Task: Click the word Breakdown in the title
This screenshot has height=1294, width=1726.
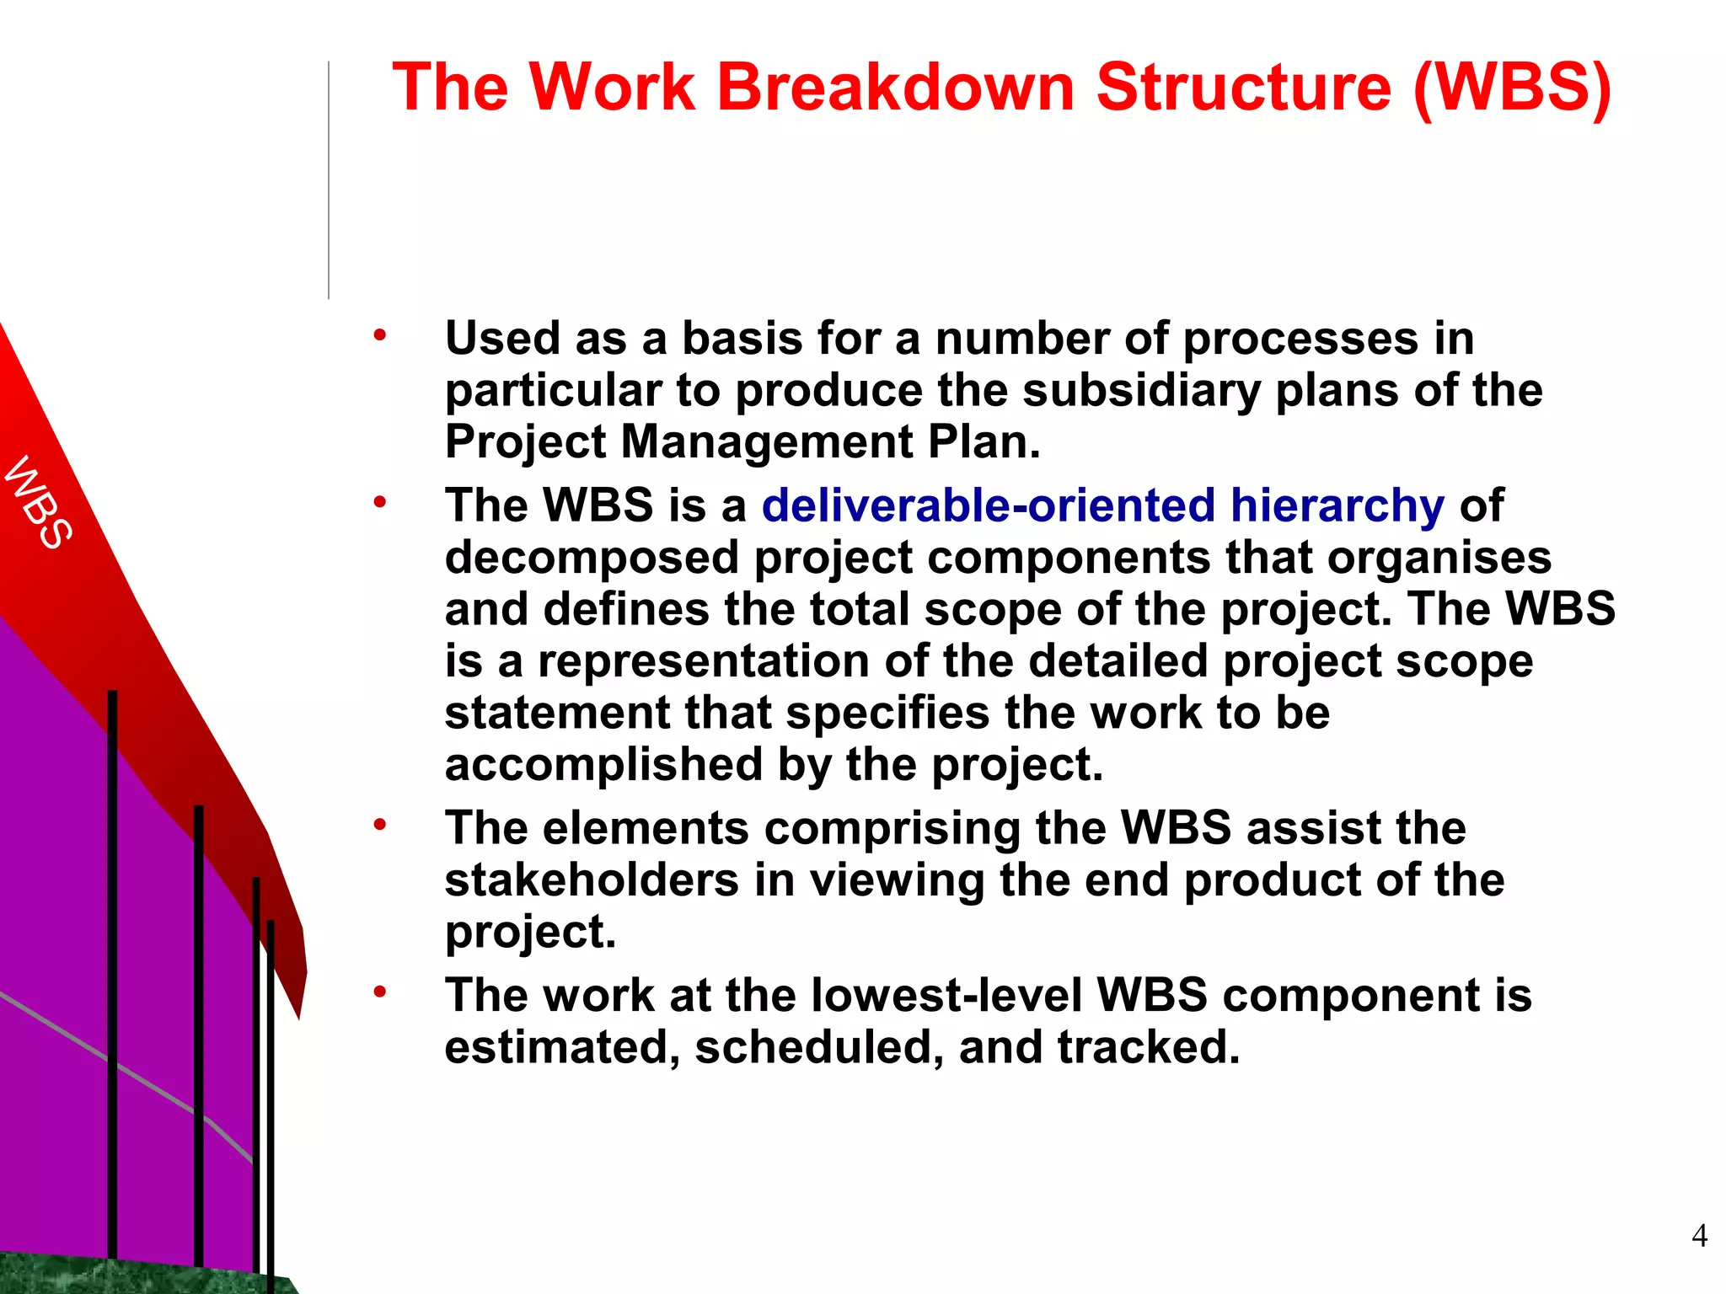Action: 895,87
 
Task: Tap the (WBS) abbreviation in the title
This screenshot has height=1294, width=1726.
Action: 1512,87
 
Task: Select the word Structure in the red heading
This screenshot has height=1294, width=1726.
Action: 1244,87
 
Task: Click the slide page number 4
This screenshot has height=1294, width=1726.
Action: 1699,1235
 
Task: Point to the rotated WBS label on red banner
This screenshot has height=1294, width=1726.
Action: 39,503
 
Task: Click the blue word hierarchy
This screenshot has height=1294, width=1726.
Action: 1337,505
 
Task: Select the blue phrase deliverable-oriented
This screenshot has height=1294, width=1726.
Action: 988,505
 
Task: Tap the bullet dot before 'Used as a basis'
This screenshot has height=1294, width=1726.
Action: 380,335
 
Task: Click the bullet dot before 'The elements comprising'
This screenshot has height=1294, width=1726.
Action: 380,825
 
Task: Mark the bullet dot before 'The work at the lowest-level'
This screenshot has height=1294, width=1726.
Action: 380,992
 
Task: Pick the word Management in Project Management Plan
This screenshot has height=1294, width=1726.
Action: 766,442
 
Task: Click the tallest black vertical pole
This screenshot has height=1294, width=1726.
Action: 112,969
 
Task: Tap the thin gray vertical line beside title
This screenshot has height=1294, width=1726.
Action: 329,181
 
